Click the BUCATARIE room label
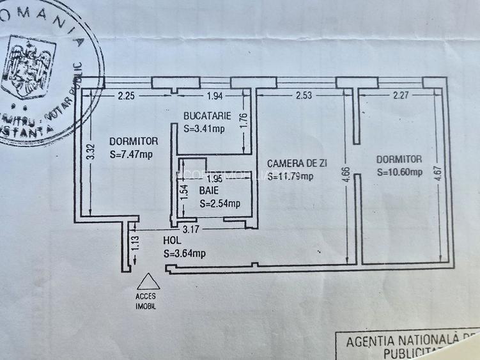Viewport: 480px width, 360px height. (203, 116)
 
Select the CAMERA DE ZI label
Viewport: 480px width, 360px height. (297, 164)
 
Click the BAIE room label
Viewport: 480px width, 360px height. (208, 191)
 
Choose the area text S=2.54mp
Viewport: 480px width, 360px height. (219, 204)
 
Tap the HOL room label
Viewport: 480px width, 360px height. (173, 242)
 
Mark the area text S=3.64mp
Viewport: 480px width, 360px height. (185, 253)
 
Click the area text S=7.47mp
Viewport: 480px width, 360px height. (131, 154)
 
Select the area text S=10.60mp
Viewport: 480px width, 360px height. (399, 171)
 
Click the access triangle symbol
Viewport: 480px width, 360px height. (148, 282)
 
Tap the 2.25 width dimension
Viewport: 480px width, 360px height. (126, 97)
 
